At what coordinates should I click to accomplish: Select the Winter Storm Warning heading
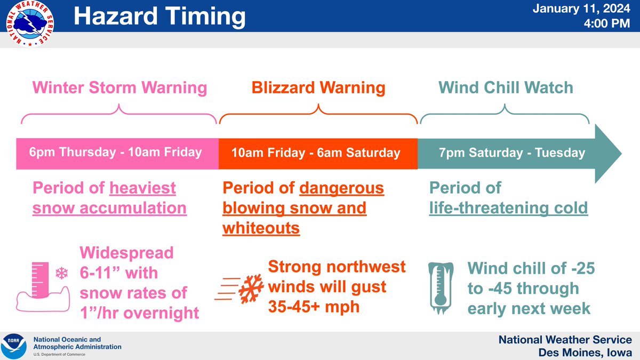(120, 87)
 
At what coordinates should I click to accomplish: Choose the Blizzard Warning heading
(318, 87)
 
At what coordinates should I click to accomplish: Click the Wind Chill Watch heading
(506, 87)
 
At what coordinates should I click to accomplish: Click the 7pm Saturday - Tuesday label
(511, 153)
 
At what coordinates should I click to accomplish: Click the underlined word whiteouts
(261, 228)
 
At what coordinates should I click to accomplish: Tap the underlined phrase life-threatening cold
(508, 208)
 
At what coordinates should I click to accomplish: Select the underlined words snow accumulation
(109, 208)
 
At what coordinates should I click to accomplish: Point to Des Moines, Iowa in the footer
(586, 353)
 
